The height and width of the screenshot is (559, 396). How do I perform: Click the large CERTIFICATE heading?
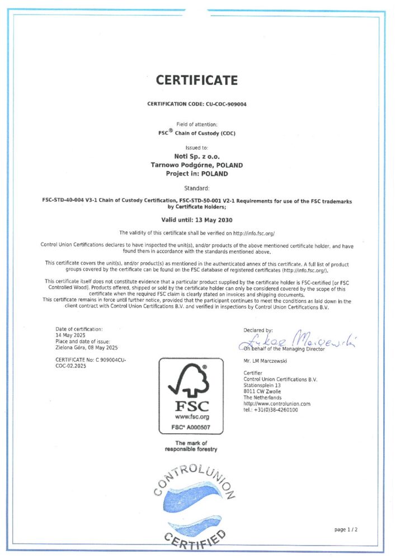[x=197, y=80]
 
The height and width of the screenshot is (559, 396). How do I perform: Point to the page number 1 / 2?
[x=346, y=529]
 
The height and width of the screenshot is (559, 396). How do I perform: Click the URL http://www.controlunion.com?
[x=277, y=404]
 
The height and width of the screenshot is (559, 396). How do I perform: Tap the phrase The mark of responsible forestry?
[x=191, y=446]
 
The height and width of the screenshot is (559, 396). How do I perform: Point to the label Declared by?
[x=258, y=330]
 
